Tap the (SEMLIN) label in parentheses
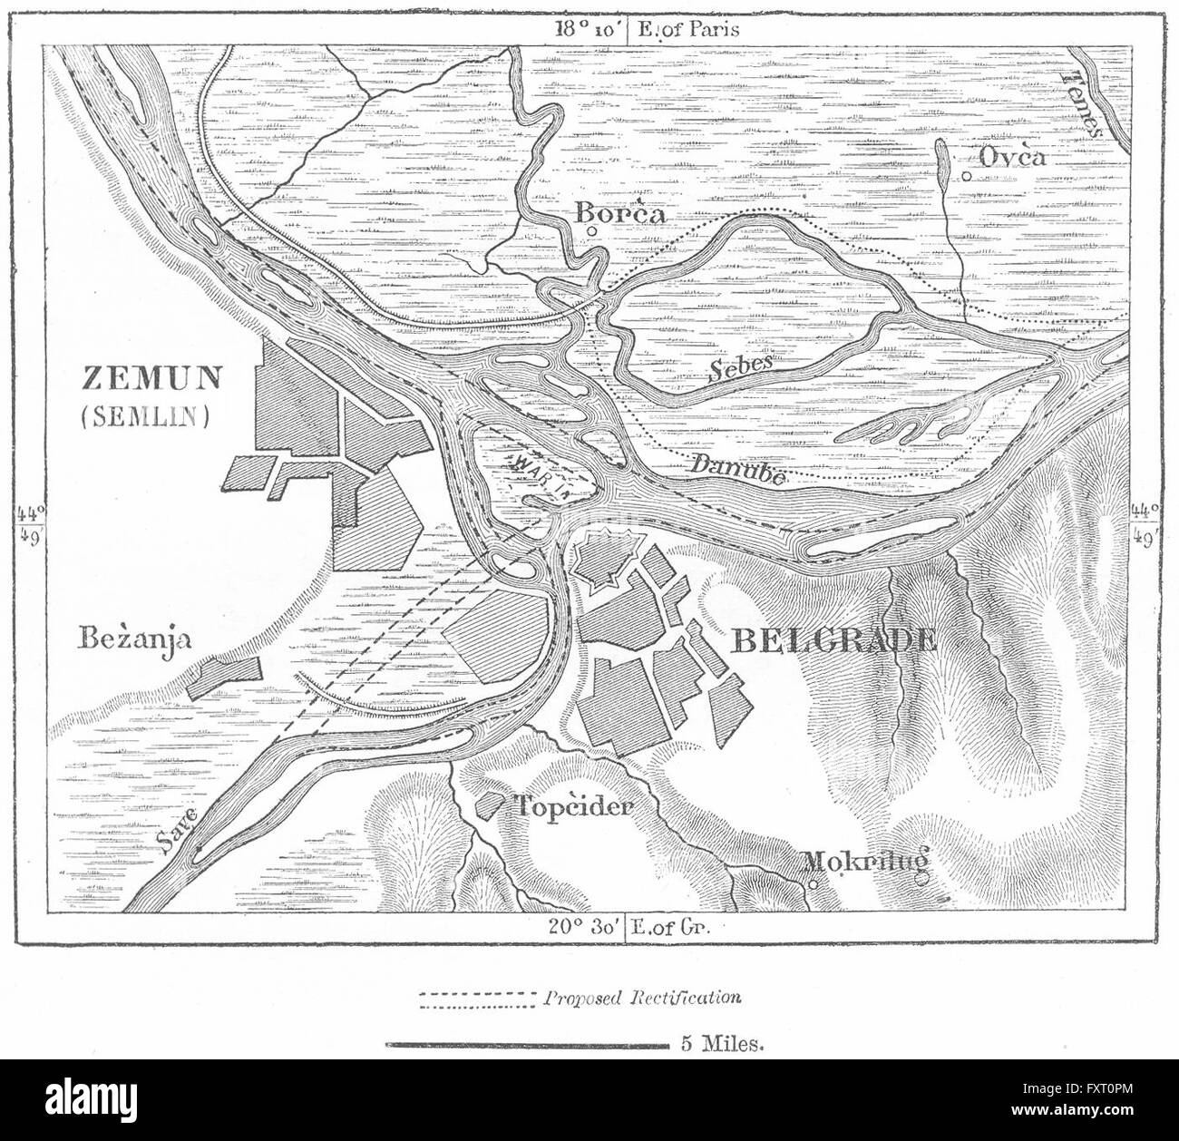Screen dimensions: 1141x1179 145,415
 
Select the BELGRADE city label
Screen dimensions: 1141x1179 833,641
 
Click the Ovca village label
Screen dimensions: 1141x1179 1013,157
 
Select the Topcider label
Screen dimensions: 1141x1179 573,805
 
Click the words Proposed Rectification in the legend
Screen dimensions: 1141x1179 642,998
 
